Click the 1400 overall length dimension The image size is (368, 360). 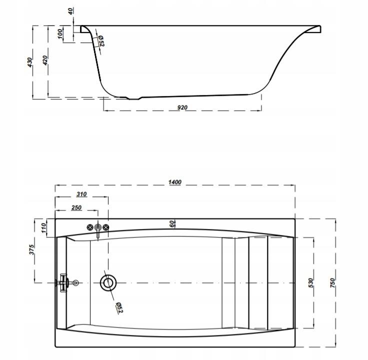click(175, 182)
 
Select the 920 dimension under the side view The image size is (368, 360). click(182, 107)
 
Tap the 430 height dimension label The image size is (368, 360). click(30, 62)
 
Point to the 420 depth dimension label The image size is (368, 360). click(45, 60)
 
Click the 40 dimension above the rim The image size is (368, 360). click(71, 11)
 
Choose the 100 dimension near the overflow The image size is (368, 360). click(60, 34)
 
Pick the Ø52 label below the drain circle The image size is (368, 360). click(119, 307)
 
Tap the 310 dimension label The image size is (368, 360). click(81, 194)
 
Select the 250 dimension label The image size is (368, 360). click(76, 207)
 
